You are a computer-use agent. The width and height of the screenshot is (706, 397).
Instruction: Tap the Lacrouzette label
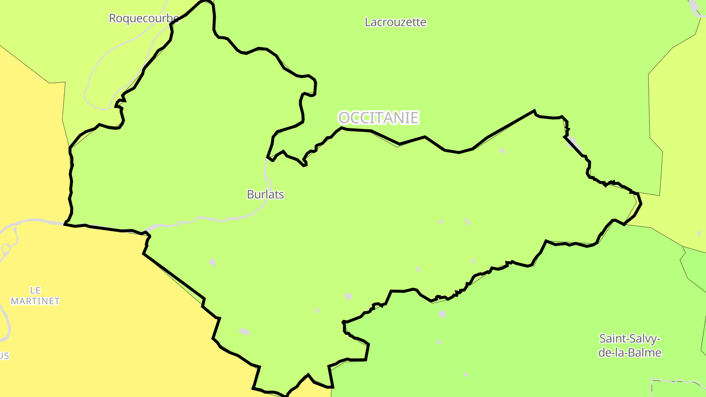pyautogui.click(x=396, y=23)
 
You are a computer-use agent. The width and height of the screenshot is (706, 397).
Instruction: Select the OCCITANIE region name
pyautogui.click(x=378, y=118)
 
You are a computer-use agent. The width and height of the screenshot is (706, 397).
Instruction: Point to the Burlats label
pyautogui.click(x=265, y=195)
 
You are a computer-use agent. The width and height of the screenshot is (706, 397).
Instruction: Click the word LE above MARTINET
pyautogui.click(x=35, y=290)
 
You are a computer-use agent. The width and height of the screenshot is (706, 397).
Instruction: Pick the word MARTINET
pyautogui.click(x=35, y=301)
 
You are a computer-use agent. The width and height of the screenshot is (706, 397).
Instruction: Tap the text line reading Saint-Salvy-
pyautogui.click(x=630, y=339)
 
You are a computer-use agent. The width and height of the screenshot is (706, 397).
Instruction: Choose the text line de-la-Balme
pyautogui.click(x=630, y=352)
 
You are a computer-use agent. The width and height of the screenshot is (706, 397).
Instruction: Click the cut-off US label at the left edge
pyautogui.click(x=4, y=356)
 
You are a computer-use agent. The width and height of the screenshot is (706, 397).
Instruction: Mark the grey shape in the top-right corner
pyautogui.click(x=696, y=8)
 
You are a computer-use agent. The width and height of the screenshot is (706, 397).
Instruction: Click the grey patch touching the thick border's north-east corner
pyautogui.click(x=573, y=144)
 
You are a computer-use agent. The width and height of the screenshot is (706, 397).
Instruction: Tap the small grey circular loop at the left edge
pyautogui.click(x=5, y=248)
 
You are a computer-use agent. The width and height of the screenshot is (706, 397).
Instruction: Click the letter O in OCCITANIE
pyautogui.click(x=344, y=118)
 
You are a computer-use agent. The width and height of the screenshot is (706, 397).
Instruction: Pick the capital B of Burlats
pyautogui.click(x=250, y=195)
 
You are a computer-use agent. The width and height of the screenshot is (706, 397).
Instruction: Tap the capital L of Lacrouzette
pyautogui.click(x=368, y=23)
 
